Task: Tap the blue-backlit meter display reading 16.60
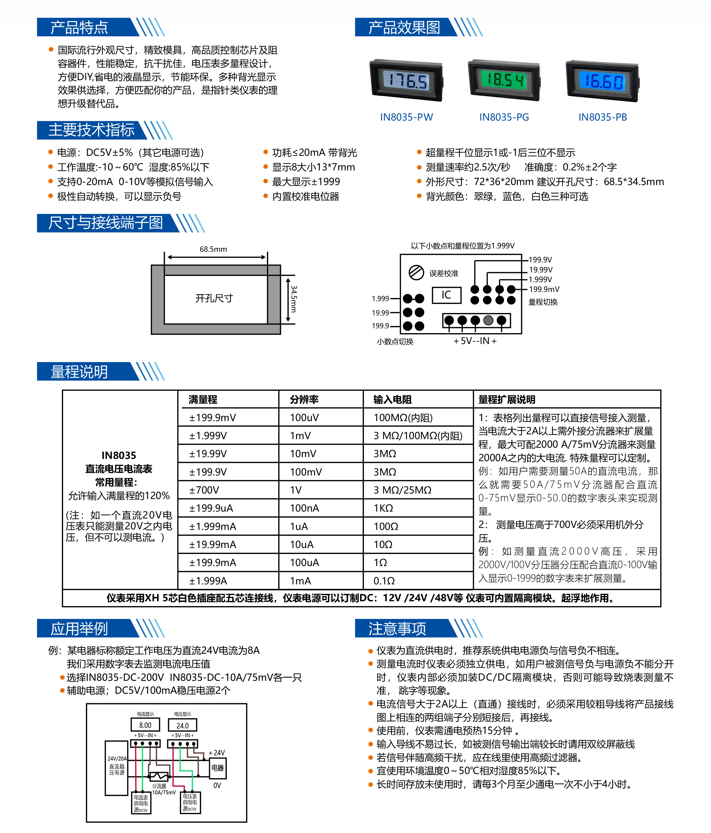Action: coord(602,81)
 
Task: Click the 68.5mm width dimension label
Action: coord(213,249)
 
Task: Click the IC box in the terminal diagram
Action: coord(446,295)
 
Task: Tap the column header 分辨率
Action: coord(304,400)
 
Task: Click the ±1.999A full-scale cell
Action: coord(208,581)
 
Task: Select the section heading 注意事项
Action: coord(397,628)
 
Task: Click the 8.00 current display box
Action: coord(145,725)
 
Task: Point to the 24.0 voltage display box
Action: coord(182,726)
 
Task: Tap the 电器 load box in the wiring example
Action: coord(217,768)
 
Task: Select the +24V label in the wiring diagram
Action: coord(216,753)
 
